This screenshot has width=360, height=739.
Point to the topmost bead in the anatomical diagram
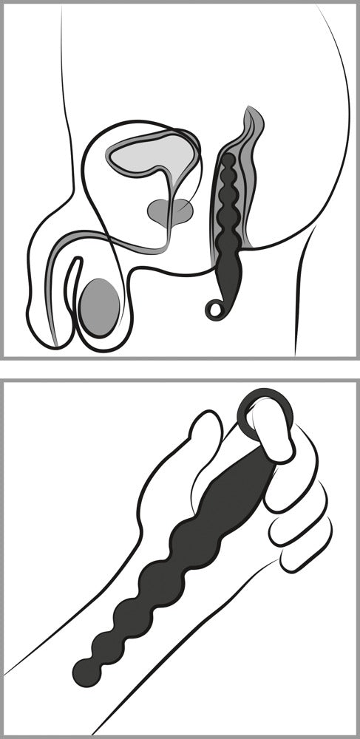tap(228, 160)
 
